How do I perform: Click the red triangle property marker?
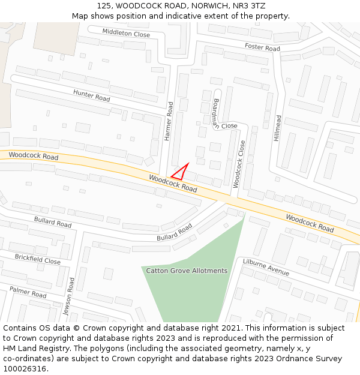[181, 173]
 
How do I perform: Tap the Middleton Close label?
[126, 34]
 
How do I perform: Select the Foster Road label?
[262, 47]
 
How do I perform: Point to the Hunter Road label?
[92, 95]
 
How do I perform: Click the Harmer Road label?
[169, 121]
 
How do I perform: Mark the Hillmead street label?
[277, 128]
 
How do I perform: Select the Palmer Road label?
[28, 292]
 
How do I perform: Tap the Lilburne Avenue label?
[266, 267]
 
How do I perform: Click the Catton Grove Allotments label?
[187, 271]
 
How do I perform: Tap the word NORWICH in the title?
[207, 6]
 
